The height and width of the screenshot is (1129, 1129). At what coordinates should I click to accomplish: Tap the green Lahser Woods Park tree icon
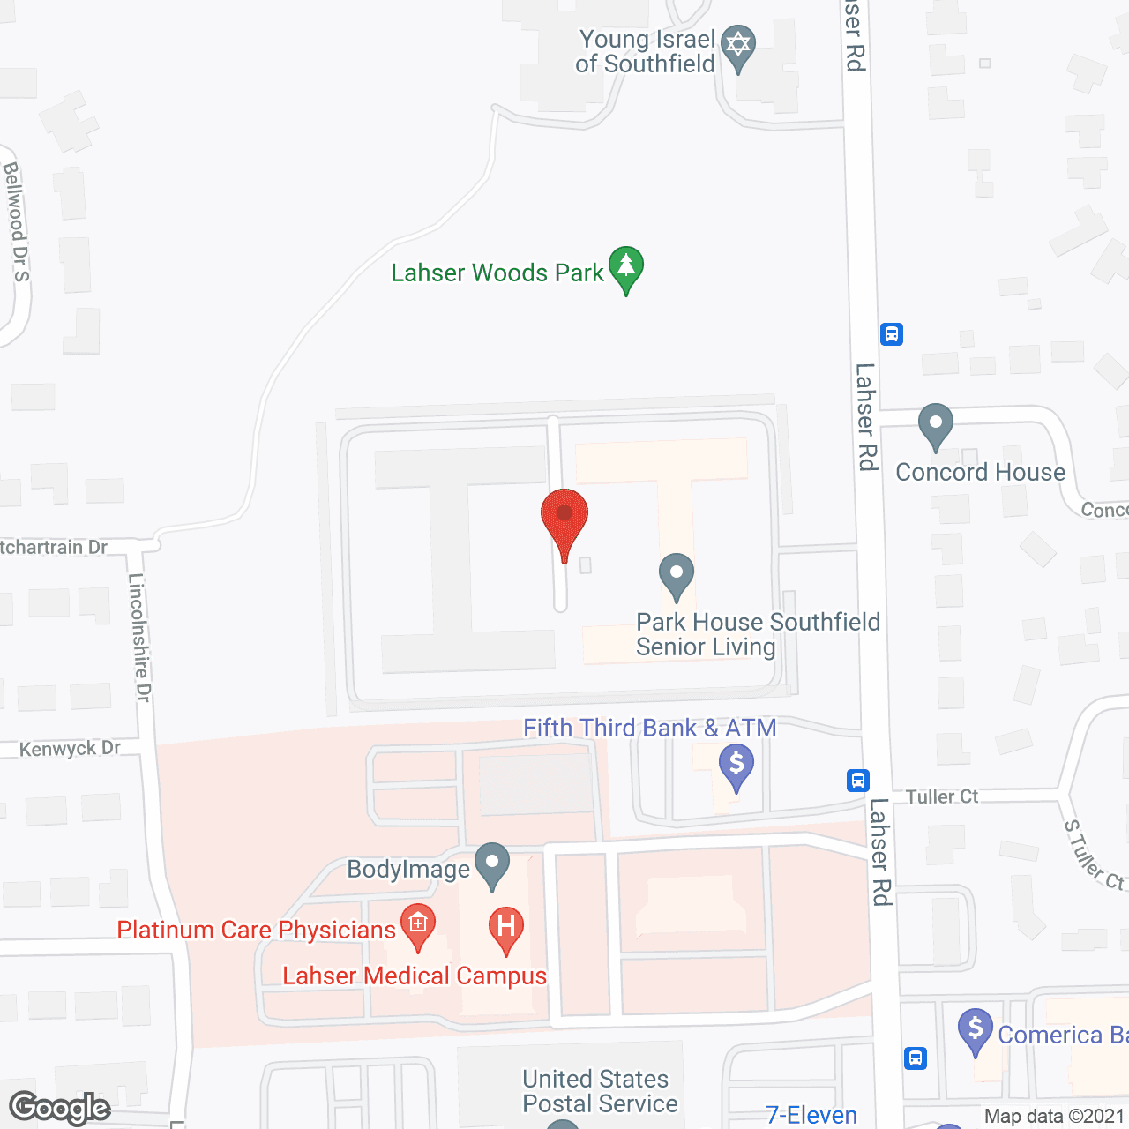point(626,266)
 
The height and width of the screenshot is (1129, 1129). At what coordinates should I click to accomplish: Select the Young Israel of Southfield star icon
point(737,47)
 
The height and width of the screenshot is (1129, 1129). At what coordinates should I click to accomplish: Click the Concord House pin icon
point(935,425)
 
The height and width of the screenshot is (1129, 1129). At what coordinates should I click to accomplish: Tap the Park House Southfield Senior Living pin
point(677,575)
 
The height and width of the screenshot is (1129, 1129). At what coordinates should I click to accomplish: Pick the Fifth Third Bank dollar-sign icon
point(736,766)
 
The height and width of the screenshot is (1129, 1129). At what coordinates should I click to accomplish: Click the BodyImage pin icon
point(492,865)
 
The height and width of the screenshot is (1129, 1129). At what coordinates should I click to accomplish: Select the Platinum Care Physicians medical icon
point(418,926)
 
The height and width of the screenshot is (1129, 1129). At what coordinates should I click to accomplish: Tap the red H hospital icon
point(506,929)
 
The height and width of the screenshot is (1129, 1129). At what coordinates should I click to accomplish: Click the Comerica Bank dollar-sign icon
point(976,1030)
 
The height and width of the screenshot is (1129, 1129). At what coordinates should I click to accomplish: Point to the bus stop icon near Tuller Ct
point(858,781)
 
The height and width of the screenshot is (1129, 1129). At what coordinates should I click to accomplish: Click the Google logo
point(60,1108)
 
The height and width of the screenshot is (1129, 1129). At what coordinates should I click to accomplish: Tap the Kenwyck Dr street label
point(70,749)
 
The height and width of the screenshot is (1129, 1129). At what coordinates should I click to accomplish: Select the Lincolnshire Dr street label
point(139,638)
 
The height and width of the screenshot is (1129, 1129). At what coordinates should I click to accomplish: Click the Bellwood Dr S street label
point(16,221)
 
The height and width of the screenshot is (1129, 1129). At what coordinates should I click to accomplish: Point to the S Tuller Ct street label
point(1094,855)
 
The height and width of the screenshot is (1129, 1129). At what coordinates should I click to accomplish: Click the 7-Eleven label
point(811,1116)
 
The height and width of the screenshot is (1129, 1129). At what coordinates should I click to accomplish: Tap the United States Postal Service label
point(600,1091)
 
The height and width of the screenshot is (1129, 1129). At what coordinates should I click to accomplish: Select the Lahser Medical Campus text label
point(415,976)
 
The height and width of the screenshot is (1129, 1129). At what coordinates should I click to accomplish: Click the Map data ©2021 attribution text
point(1055,1117)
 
